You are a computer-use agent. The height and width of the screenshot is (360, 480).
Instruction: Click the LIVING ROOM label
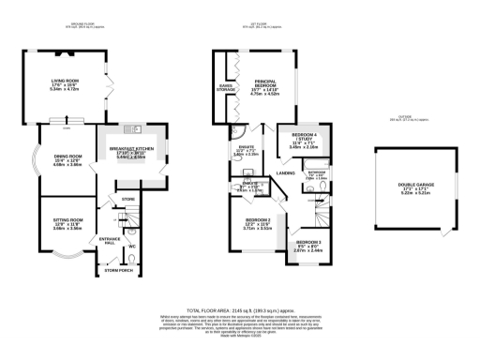coord(64,82)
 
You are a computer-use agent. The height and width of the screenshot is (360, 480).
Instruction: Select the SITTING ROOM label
coord(55,221)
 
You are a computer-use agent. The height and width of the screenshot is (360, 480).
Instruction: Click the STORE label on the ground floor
coord(129,198)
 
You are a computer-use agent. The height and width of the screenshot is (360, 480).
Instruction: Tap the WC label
coord(132,247)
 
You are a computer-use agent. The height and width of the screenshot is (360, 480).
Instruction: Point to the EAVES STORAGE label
coord(225,87)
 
